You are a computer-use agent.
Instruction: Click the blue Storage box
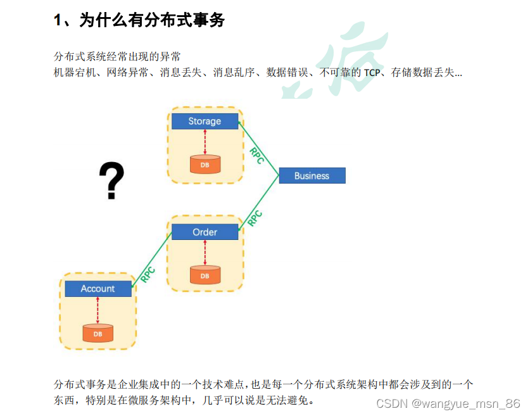tap(205, 121)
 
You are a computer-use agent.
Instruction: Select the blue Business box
tap(312, 175)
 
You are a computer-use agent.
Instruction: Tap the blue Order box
tap(205, 232)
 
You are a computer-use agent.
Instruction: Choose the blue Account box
tap(98, 289)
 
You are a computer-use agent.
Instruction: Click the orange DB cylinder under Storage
tap(205, 165)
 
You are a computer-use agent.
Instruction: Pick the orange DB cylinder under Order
tap(205, 275)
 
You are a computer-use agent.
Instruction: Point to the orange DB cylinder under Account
tap(98, 332)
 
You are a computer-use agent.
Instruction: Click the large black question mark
tap(111, 181)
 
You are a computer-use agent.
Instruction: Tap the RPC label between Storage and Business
tap(256, 156)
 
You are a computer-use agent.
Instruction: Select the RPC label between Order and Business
tap(255, 218)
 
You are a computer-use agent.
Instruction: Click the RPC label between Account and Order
tap(149, 274)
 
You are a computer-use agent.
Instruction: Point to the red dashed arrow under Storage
tap(205, 142)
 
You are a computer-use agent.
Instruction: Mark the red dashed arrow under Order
tap(205, 253)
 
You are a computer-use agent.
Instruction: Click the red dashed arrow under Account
tap(98, 310)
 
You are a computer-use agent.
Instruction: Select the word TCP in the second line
tap(372, 73)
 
